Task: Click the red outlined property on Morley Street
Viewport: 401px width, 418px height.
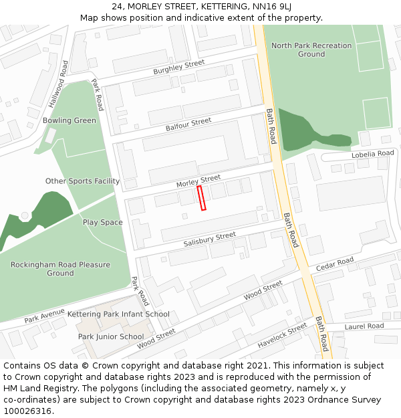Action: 201,198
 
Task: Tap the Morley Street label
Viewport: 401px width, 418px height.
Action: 198,180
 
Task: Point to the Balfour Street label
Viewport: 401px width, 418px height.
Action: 188,124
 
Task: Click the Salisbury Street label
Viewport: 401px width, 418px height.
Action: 210,239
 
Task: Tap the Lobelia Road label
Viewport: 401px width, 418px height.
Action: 373,154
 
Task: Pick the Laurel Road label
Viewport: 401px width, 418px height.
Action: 364,326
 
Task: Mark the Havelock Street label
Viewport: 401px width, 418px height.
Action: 283,336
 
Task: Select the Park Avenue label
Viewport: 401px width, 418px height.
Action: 45,316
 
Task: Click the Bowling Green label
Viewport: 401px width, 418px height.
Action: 70,121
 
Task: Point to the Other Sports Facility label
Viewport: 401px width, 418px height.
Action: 82,181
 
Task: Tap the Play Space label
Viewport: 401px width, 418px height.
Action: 102,223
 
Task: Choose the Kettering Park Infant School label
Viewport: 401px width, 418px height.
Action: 118,314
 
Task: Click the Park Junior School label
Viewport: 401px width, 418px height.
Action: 110,337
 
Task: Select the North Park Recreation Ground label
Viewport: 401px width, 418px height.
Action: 311,49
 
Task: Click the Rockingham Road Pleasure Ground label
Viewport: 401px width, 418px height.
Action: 60,269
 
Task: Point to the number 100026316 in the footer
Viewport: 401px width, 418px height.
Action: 27,411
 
